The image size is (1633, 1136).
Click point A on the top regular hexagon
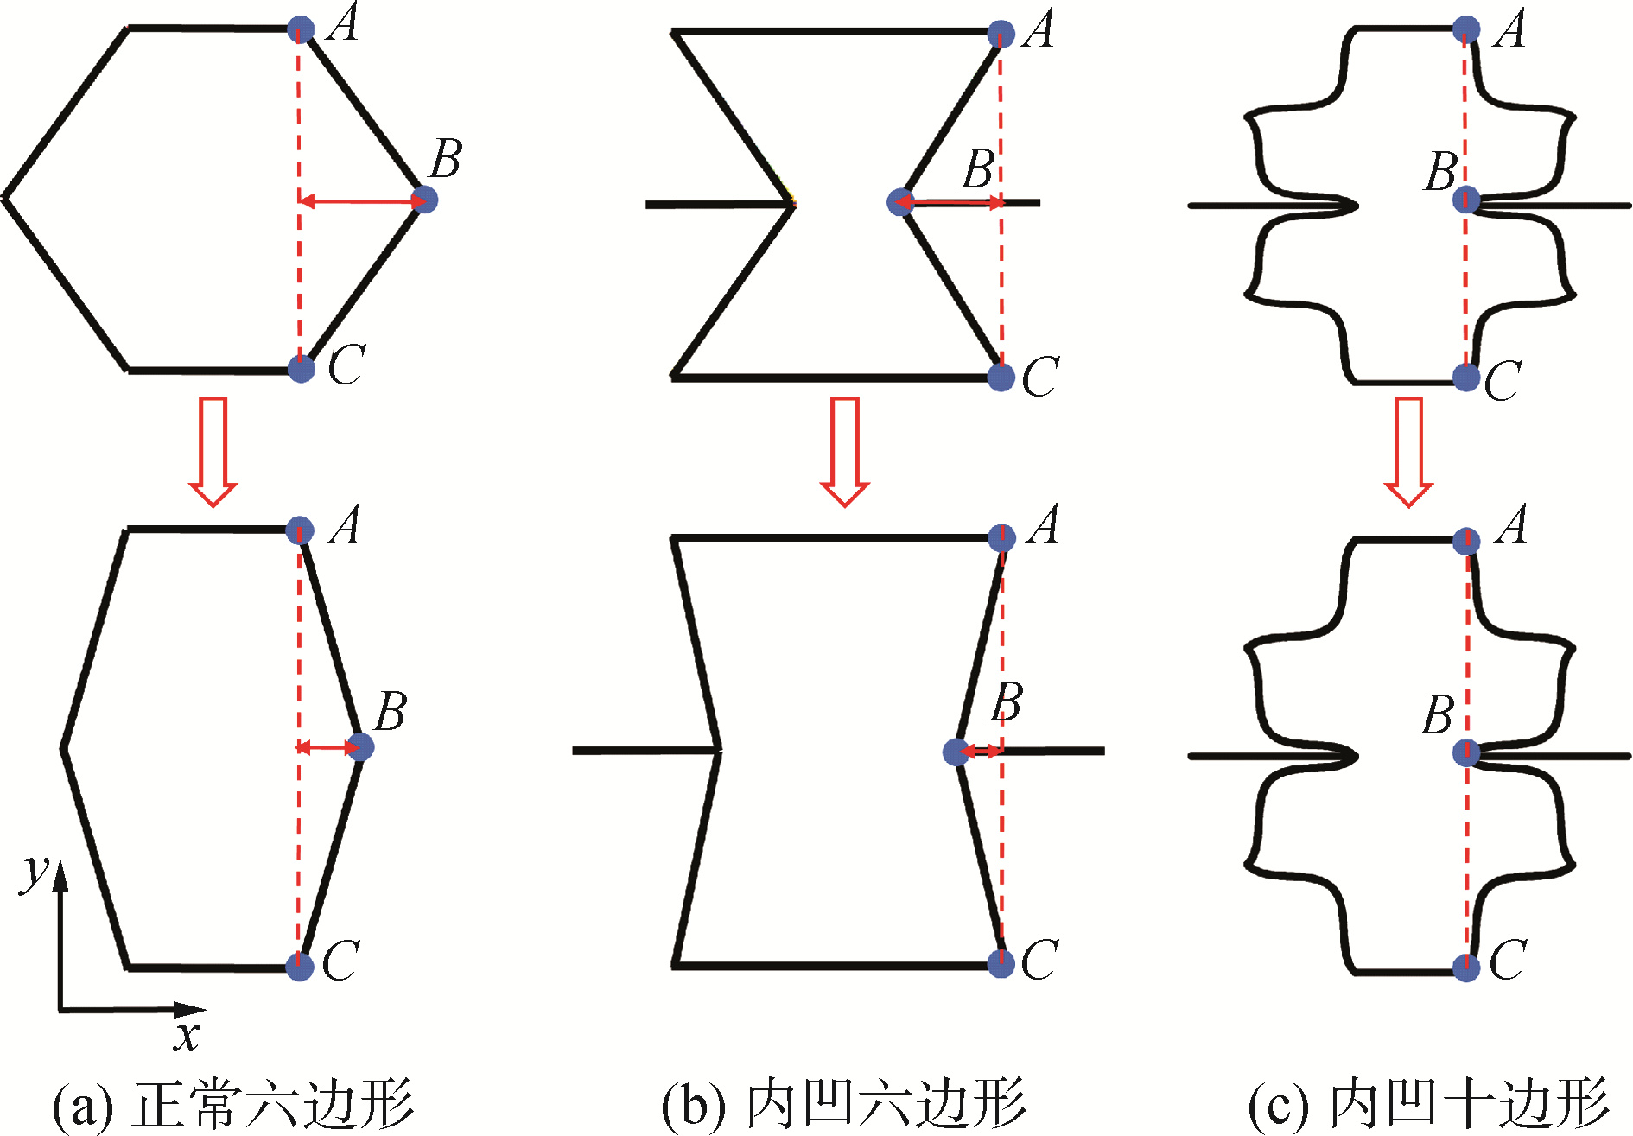click(300, 29)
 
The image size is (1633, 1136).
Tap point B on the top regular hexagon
click(424, 200)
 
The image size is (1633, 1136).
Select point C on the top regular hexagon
click(301, 369)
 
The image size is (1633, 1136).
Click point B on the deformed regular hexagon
click(360, 747)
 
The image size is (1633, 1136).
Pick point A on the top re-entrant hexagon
click(1001, 34)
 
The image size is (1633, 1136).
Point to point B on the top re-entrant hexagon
click(900, 202)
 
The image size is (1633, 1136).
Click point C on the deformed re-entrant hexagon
click(1001, 963)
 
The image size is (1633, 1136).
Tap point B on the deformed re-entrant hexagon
click(956, 752)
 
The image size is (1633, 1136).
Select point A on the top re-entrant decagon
click(1465, 29)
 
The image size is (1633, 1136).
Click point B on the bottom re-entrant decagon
click(1466, 752)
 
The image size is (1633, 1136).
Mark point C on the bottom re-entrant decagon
click(1466, 968)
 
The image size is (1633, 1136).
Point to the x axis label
click(186, 1034)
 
